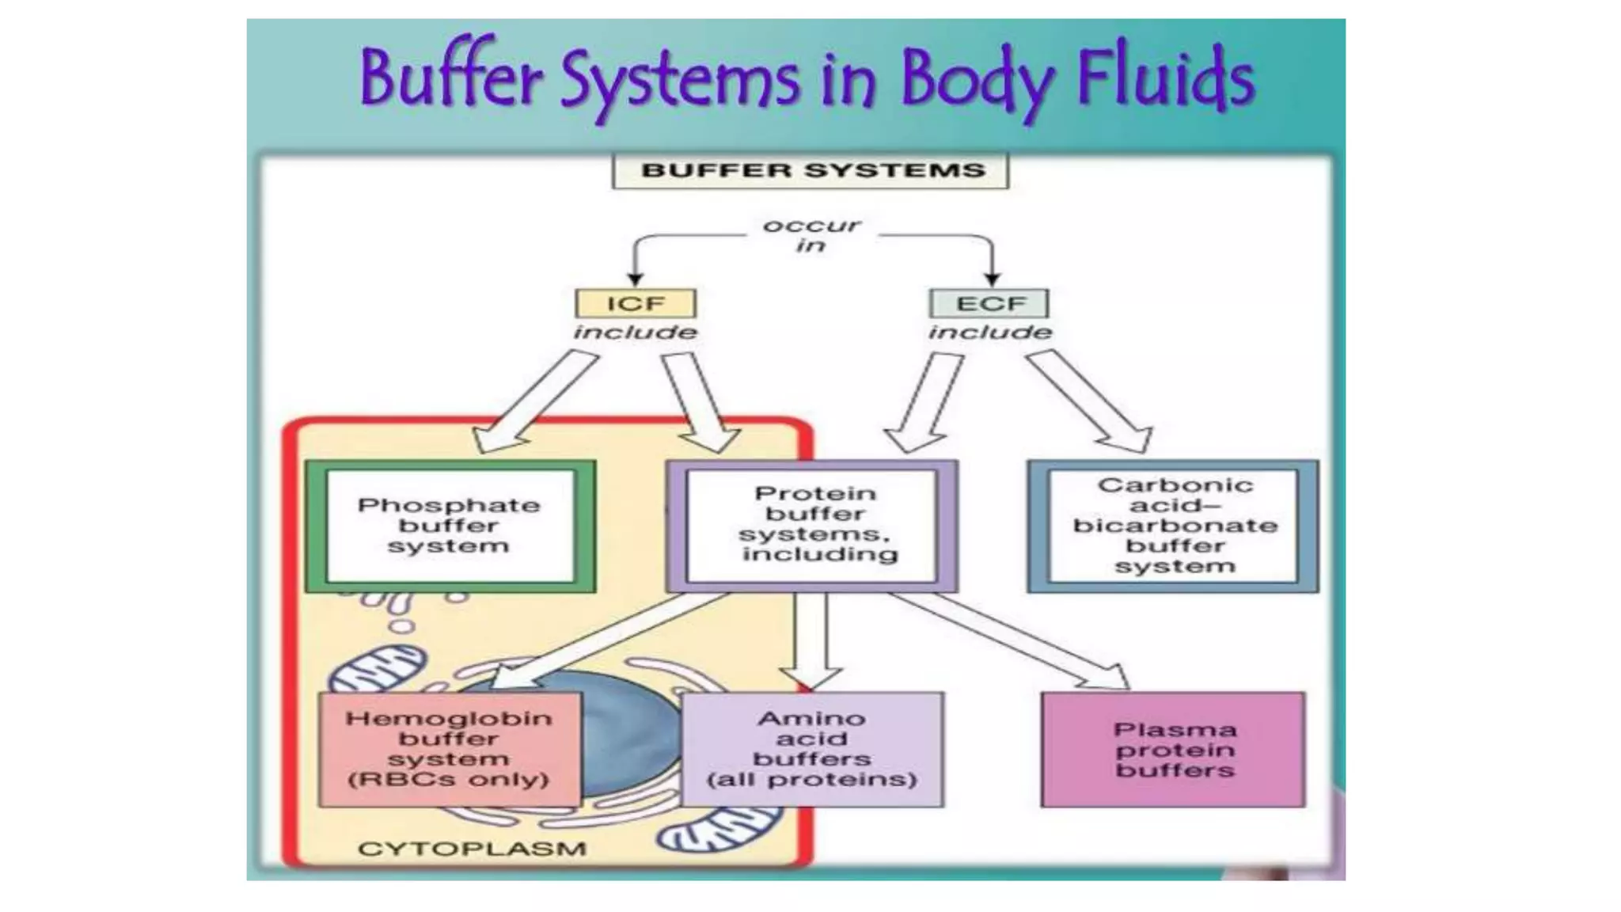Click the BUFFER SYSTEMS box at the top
tap(810, 171)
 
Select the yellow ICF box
tap(636, 303)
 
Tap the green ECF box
tap(989, 303)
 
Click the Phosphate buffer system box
tap(450, 526)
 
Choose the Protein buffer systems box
tap(812, 526)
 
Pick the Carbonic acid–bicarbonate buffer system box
tap(1174, 526)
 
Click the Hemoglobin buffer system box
tap(450, 749)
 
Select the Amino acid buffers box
tap(812, 749)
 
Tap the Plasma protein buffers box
tap(1174, 749)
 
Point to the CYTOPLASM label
tap(472, 849)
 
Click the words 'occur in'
tap(810, 235)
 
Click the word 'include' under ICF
tap(636, 332)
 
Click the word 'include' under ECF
tap(989, 332)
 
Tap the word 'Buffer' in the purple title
tap(451, 79)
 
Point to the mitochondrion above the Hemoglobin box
tap(376, 669)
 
